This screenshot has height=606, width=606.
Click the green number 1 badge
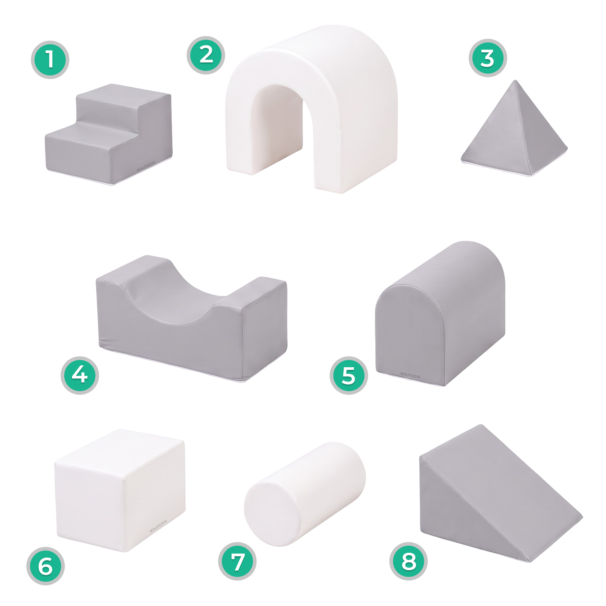pos(50,60)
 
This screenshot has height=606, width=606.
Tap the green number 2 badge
pos(206,55)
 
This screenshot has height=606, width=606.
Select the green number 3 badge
pos(488,58)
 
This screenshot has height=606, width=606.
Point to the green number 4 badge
pos(80,375)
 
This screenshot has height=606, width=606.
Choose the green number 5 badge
pos(348,375)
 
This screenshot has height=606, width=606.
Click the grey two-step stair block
pos(108,135)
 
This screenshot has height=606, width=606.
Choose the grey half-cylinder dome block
pos(440,314)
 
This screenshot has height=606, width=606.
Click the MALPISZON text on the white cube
pos(158,527)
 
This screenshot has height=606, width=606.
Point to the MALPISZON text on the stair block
pos(146,166)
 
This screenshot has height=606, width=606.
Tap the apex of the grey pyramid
pos(514,81)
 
